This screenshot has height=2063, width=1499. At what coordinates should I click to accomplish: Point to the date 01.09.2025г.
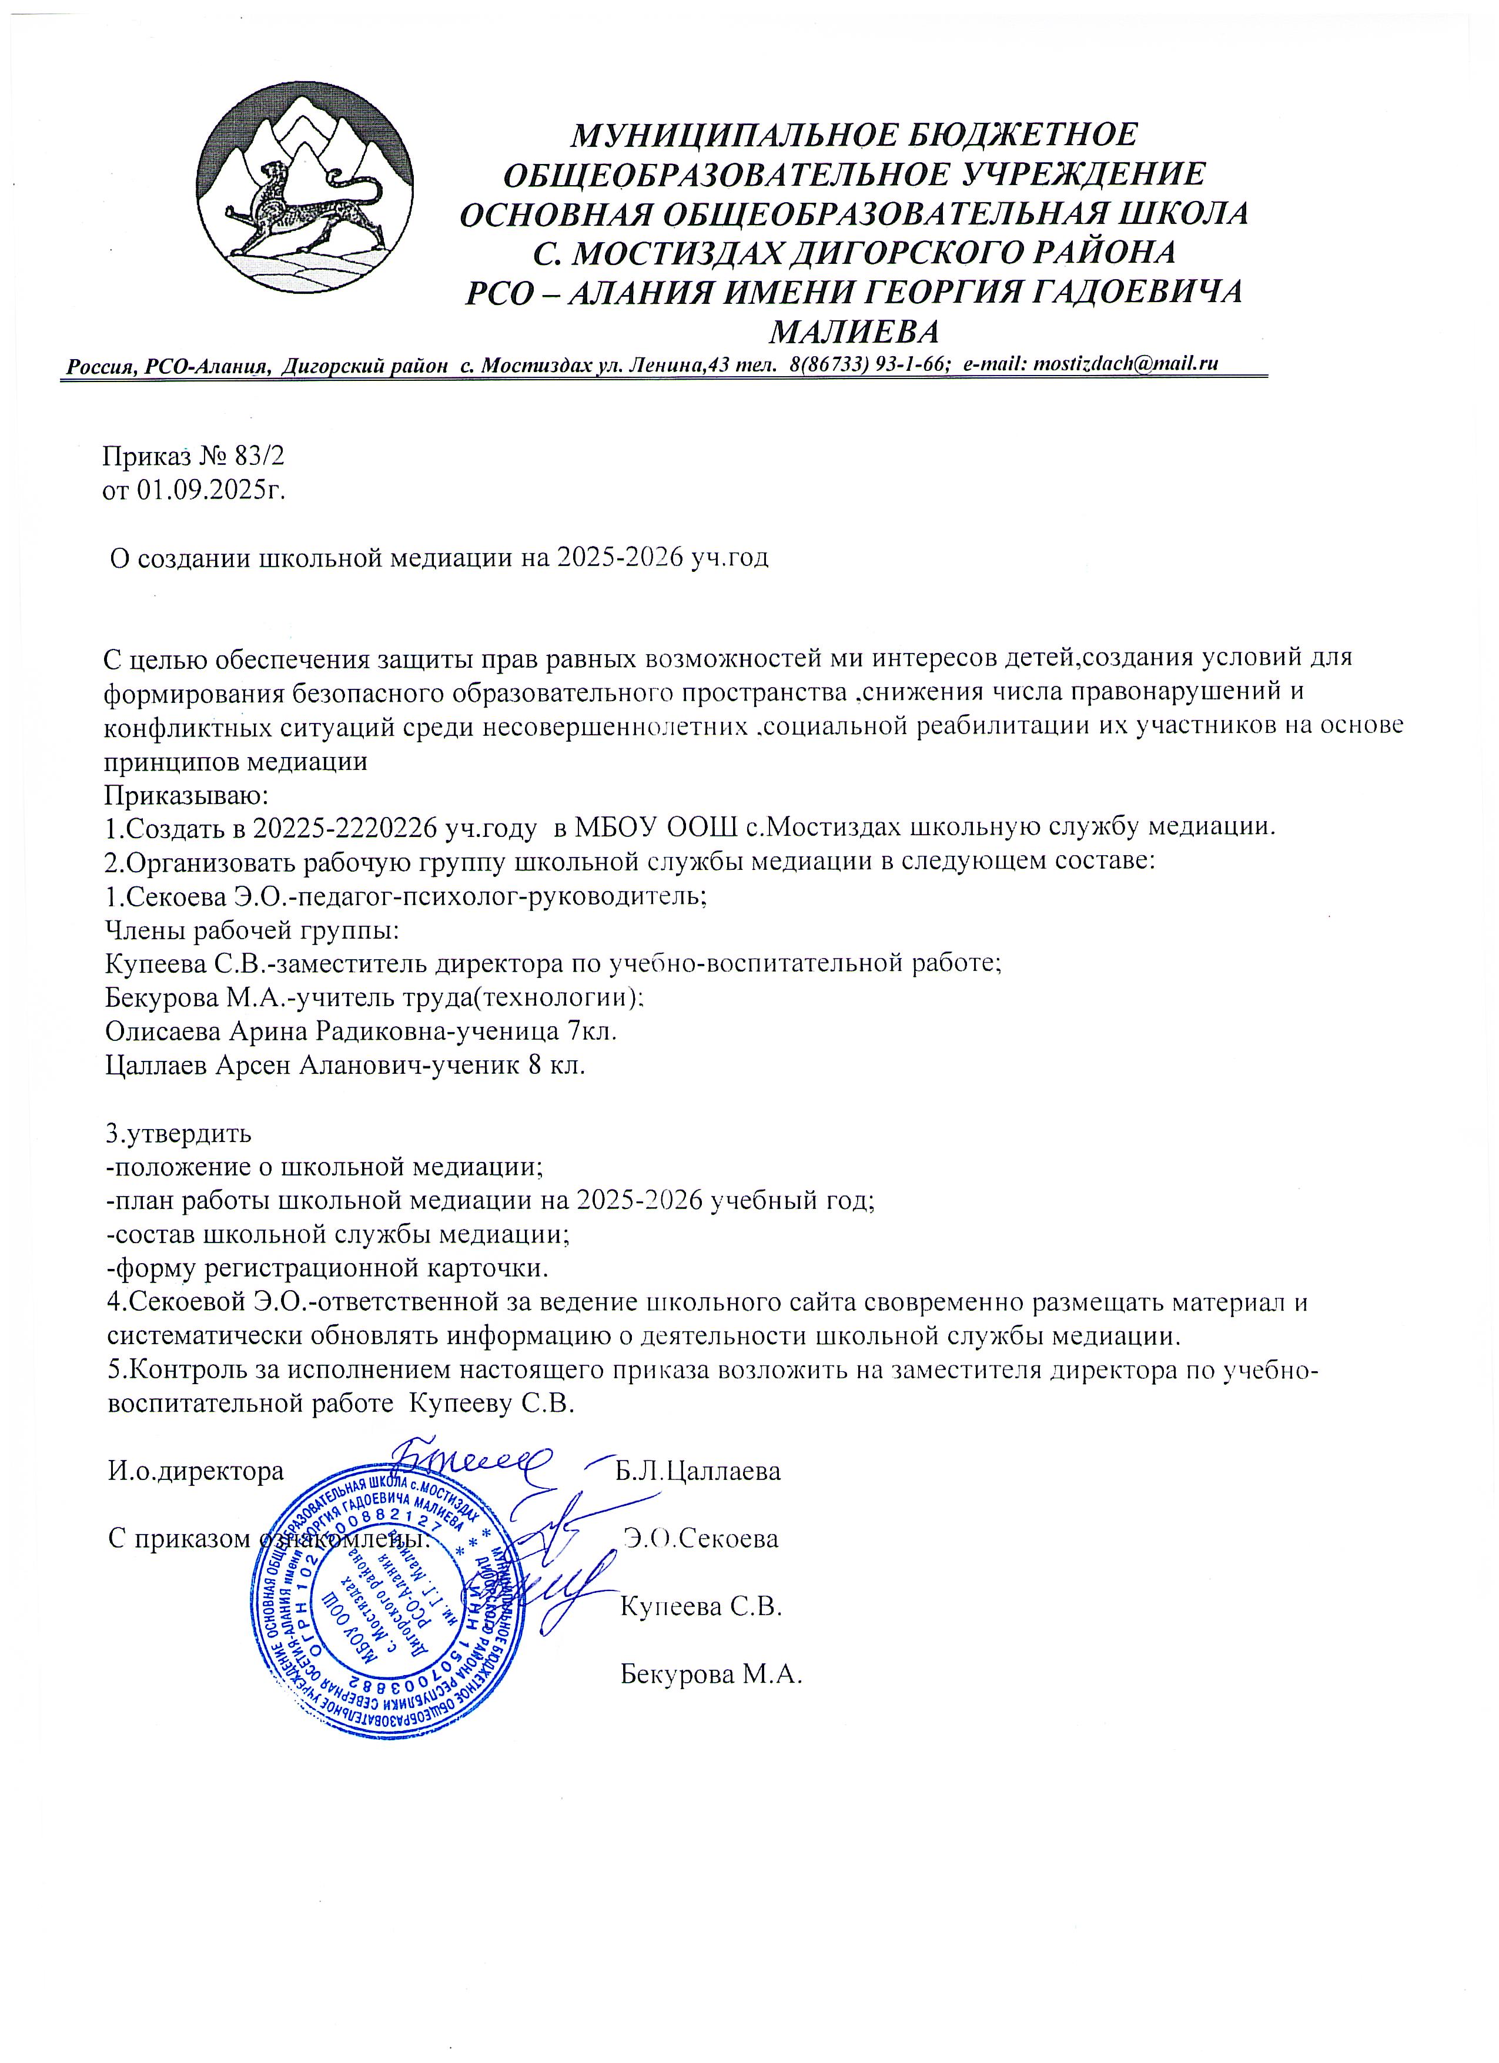click(211, 491)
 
